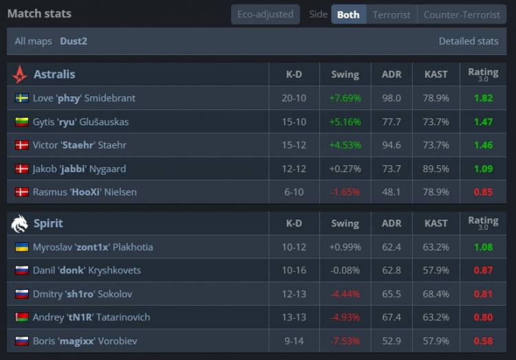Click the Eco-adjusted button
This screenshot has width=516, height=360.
[x=265, y=14]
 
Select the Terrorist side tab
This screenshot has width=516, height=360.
[x=391, y=14]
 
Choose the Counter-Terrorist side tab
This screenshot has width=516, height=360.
[x=462, y=14]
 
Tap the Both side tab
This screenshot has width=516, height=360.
[x=348, y=14]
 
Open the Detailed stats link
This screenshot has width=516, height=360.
[x=468, y=41]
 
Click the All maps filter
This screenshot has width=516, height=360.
[x=34, y=41]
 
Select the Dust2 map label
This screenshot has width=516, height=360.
[x=74, y=41]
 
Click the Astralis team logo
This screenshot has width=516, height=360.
[x=20, y=74]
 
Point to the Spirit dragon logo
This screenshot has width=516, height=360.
[x=20, y=223]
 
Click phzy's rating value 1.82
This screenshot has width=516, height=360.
[x=483, y=98]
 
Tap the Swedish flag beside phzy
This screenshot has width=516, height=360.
[x=21, y=98]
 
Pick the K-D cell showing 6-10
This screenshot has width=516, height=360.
[x=294, y=192]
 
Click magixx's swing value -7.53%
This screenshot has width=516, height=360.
[x=345, y=341]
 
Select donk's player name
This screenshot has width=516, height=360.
[x=87, y=271]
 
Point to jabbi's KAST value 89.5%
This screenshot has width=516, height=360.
[x=436, y=169]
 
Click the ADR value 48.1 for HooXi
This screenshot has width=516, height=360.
[x=391, y=192]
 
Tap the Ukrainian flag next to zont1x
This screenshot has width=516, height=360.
[x=21, y=247]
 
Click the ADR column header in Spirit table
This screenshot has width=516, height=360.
[x=391, y=223]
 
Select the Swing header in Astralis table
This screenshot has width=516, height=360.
[x=345, y=74]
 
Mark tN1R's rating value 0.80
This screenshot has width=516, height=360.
[x=483, y=317]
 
